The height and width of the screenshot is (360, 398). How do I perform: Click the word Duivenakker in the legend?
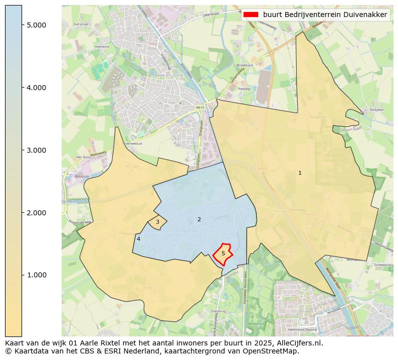click(x=366, y=15)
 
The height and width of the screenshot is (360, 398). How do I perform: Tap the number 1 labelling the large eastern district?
click(x=300, y=173)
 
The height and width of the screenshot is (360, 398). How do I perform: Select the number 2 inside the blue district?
click(x=199, y=219)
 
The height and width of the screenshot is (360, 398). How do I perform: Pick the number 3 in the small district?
click(x=157, y=222)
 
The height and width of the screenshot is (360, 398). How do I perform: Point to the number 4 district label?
click(x=138, y=239)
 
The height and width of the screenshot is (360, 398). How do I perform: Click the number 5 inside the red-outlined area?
click(x=223, y=253)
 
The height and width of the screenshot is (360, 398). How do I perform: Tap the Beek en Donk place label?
click(x=167, y=75)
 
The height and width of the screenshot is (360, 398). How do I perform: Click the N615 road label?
click(x=200, y=107)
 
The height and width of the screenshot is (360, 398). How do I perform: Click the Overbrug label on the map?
click(x=219, y=311)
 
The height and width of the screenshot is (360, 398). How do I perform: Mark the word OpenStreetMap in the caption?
click(x=274, y=351)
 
